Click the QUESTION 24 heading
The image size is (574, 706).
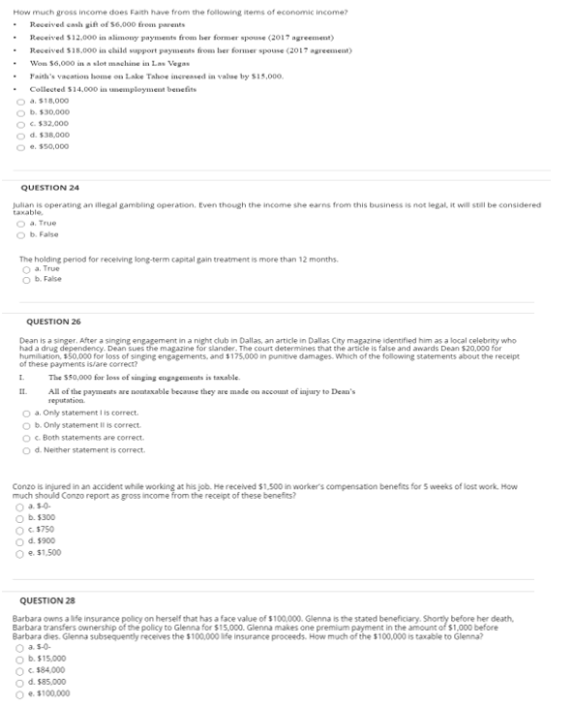(49, 187)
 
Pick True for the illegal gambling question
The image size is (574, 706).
(20, 225)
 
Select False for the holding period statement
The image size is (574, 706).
(26, 279)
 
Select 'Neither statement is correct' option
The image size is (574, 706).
(26, 449)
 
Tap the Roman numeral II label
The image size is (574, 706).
(22, 391)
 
